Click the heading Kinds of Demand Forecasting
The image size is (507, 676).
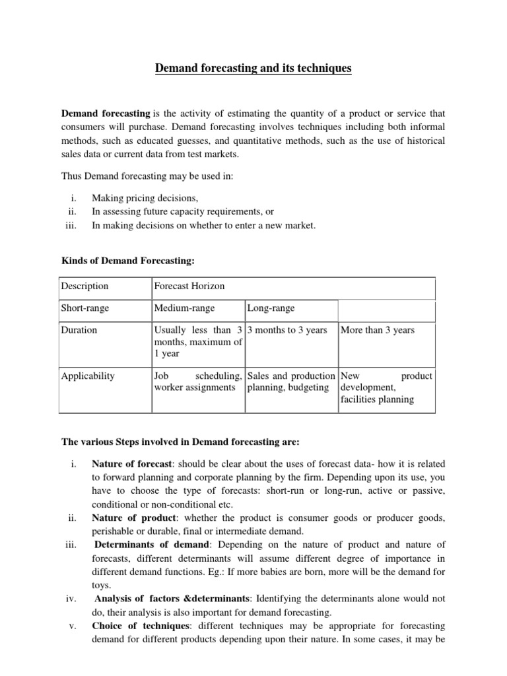pyautogui.click(x=128, y=261)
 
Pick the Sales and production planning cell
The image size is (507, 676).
pyautogui.click(x=290, y=382)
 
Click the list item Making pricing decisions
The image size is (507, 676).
pyautogui.click(x=145, y=198)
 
